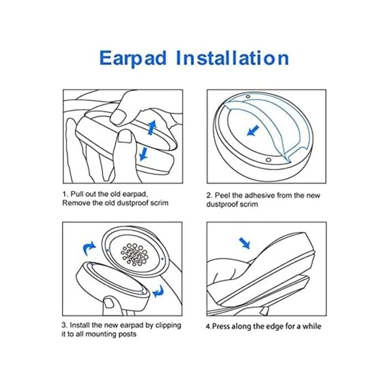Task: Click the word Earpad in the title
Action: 132,58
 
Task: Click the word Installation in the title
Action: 232,58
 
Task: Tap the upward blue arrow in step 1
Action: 152,127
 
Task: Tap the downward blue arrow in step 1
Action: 144,154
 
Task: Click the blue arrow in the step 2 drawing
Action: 253,130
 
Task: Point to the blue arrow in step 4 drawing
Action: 244,243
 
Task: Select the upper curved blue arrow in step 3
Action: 89,248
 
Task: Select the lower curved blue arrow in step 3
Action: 159,292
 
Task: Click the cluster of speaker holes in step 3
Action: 135,254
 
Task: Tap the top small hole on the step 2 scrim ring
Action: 248,96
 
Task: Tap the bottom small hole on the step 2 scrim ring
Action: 268,160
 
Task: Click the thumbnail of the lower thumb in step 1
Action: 125,137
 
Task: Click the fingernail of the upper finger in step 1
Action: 118,116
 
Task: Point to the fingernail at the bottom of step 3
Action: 109,303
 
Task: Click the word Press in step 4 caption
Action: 221,326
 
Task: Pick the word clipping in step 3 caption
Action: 169,326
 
